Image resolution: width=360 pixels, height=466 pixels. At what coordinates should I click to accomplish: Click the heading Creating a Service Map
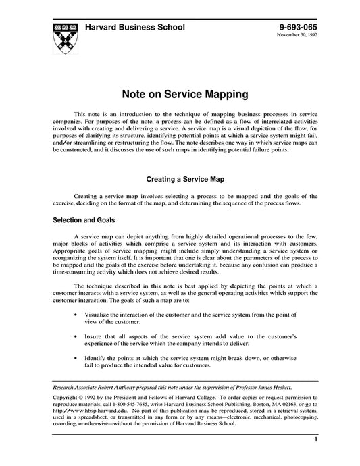180,180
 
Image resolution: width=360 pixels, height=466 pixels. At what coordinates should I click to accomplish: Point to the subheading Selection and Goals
84,220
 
